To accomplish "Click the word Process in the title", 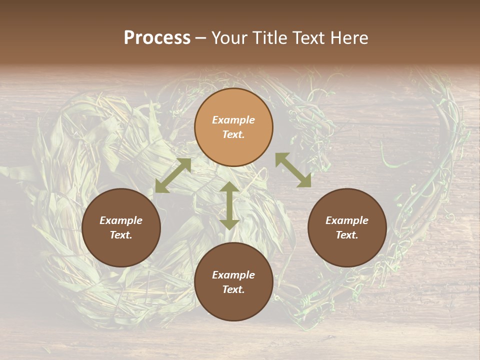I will (x=157, y=38).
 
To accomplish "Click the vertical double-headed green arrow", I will (x=229, y=205).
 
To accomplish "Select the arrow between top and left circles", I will (x=173, y=175).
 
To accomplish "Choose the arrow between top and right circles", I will (x=293, y=170).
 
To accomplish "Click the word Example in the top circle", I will (x=233, y=120).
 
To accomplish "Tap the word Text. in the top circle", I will (x=233, y=134).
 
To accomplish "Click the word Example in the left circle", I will (x=121, y=220).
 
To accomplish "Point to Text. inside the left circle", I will (x=121, y=235).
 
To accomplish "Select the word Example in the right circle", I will (x=347, y=220).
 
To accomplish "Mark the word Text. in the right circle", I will (x=347, y=235).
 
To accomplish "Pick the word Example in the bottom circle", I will (x=233, y=275).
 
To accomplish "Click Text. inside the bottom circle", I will (x=233, y=289).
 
